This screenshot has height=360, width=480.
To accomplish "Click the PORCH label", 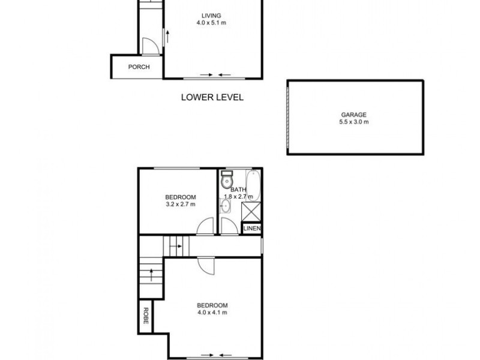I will (139, 67).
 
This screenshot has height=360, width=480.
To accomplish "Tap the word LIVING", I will (211, 16).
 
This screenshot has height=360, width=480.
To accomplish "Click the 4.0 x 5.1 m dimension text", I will (211, 23).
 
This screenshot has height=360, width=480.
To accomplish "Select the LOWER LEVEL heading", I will (212, 97).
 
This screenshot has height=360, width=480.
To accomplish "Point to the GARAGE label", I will (353, 115).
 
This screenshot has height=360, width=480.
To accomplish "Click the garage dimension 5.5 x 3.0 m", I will (353, 122).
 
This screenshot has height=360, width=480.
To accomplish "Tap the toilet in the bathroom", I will (226, 180).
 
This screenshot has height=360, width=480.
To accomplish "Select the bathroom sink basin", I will (225, 206).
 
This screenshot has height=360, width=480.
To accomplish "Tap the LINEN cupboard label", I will (251, 229).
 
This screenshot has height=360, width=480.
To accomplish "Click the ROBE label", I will (145, 316).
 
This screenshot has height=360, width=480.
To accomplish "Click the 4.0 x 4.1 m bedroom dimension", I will (212, 312).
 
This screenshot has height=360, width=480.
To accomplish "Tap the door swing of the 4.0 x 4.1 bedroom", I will (206, 266).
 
